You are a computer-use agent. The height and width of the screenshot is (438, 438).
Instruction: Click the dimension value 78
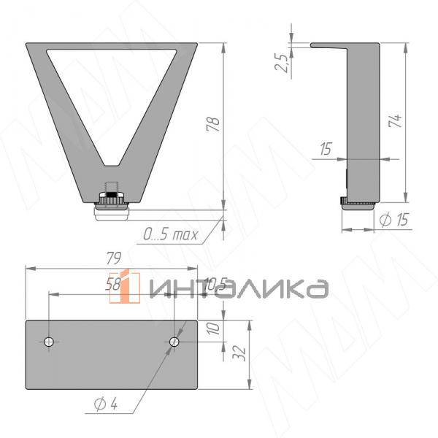[213, 124]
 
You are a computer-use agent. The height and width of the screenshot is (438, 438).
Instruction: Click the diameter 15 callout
[394, 220]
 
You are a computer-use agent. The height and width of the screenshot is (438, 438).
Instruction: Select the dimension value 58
[113, 285]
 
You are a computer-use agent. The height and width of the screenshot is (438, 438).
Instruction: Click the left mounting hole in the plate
[49, 342]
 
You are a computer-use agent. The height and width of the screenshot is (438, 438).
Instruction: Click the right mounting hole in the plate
[174, 342]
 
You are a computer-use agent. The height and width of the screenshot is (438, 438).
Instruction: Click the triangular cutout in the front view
[112, 88]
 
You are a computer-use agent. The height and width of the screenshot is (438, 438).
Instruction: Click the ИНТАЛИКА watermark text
[237, 288]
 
